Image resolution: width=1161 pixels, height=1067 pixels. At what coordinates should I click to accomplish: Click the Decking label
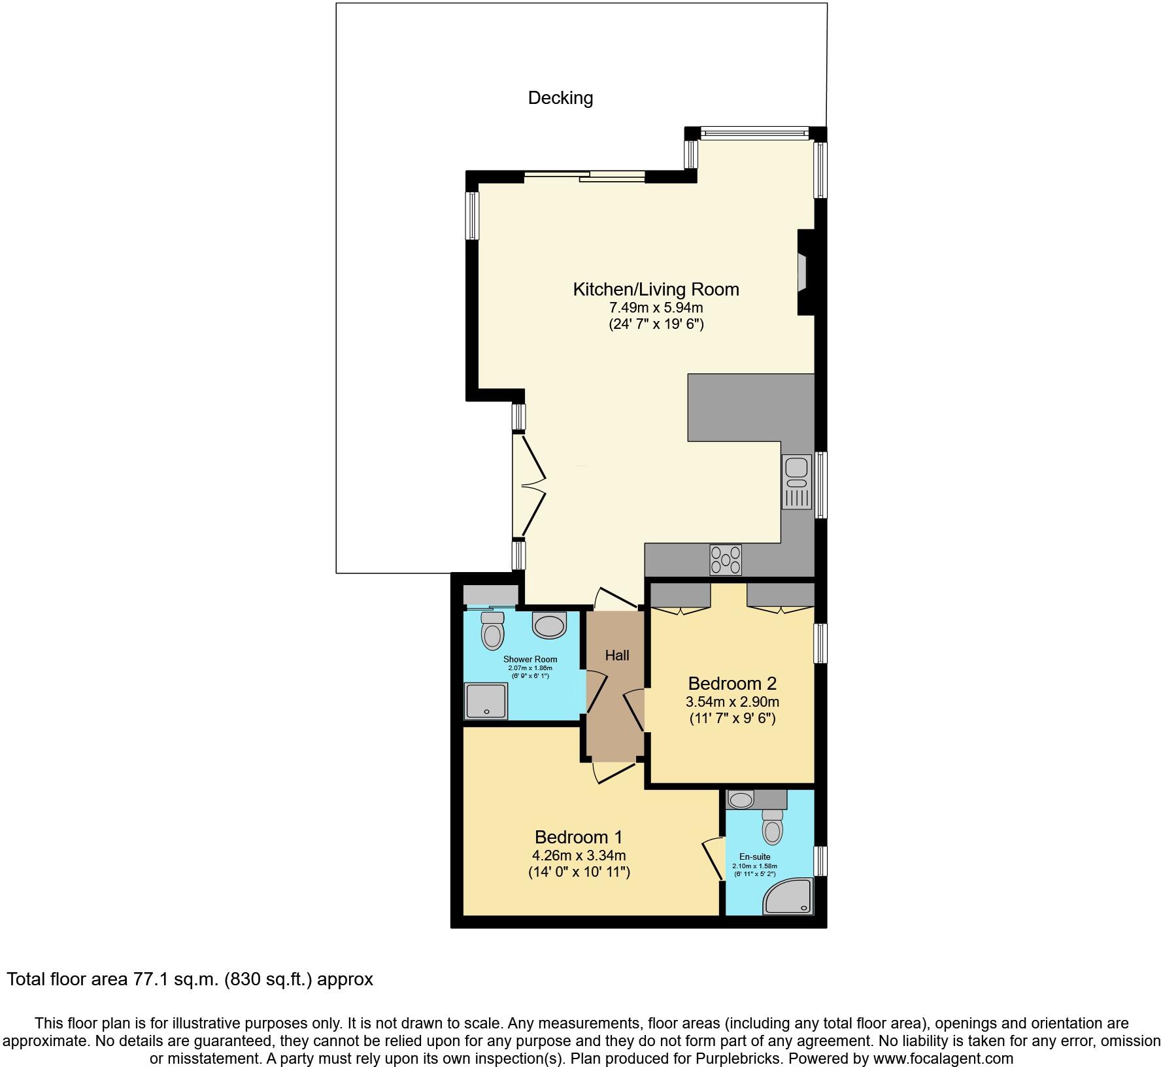click(560, 98)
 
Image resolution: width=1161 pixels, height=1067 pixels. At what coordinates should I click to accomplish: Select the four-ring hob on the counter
click(726, 560)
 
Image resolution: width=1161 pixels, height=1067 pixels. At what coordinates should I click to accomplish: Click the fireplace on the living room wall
click(805, 272)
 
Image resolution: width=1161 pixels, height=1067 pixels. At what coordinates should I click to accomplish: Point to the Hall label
click(616, 655)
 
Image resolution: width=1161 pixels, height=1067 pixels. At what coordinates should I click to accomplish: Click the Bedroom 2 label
click(732, 684)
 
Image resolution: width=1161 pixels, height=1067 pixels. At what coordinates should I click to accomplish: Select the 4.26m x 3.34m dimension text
click(579, 855)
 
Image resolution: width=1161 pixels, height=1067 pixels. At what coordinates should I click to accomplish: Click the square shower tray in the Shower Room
click(485, 700)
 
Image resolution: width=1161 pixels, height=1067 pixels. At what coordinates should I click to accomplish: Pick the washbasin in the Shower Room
click(549, 625)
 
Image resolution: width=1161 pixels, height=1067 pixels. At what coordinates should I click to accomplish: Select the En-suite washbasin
click(741, 799)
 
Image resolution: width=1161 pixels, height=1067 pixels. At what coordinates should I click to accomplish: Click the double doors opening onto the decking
click(530, 486)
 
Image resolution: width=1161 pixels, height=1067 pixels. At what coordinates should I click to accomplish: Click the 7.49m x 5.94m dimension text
click(656, 307)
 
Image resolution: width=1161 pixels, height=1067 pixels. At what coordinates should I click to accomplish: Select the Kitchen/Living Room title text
click(656, 289)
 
